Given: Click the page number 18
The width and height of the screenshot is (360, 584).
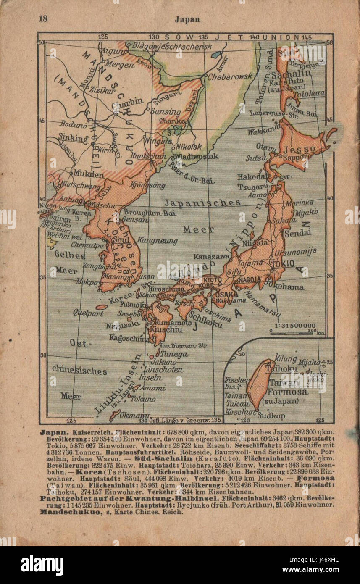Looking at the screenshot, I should pos(43,18).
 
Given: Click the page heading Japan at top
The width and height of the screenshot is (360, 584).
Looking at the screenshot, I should pos(187,19).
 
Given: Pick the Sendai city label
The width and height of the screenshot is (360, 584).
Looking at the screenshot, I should pos(297,232).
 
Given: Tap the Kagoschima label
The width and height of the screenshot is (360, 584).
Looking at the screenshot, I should pos(129,337).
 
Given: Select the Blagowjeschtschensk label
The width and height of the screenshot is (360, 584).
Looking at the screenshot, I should pos(171,47).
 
